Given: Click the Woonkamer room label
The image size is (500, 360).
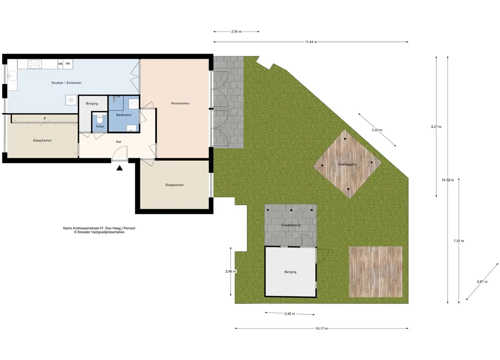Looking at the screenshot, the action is pos(180,103).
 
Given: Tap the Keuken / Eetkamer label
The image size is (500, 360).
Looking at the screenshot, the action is pos(66,82).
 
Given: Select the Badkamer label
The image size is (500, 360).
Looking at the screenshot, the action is pos(124,115).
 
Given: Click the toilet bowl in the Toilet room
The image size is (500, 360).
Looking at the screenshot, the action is pos(100,119).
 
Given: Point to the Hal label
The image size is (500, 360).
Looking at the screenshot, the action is pos(119,142).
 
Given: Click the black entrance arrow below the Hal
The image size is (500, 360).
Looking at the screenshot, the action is pos(119,168).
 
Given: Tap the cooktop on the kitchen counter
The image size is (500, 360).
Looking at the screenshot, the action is pos(35,64).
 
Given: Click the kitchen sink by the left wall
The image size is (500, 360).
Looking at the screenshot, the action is pos(12,76).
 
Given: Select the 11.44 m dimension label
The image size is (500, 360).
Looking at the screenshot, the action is pos(311,42).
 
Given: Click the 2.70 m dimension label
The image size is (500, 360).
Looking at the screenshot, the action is pos(236,31).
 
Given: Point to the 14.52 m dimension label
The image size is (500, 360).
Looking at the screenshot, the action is pos(448,180).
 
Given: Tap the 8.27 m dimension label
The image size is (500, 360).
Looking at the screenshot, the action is pos(436,127).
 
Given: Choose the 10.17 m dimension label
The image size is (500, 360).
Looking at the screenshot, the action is pos(322,329).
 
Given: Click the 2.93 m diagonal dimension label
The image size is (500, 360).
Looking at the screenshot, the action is pos(377,130).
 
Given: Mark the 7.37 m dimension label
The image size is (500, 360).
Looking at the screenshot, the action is pos(459,241).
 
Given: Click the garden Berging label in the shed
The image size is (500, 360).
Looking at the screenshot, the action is pos(290,272).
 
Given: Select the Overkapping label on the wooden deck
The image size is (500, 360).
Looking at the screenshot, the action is pos(347,165).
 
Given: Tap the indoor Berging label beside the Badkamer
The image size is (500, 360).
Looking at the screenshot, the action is pos(92,103).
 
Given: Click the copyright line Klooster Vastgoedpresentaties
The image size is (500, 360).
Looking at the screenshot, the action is pos(99,232).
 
